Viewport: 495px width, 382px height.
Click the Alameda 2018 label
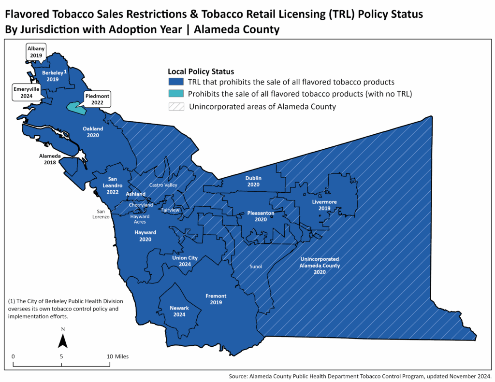coord(50,159)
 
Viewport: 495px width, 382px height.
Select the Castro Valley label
coord(163,185)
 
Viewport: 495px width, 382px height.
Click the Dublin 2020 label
coord(253,181)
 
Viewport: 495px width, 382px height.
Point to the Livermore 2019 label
coord(324,205)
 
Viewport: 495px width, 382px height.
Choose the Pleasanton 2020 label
coord(261,216)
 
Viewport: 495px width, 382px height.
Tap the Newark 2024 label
coord(179,311)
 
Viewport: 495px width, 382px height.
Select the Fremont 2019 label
coord(216,299)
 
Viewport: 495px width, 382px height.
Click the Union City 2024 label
coord(185,261)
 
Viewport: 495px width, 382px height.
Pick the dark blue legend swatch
coord(176,82)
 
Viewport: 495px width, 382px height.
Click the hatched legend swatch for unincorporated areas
coord(176,107)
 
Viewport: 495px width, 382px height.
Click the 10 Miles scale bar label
coord(118,356)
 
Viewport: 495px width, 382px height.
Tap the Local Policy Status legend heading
coord(201,71)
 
